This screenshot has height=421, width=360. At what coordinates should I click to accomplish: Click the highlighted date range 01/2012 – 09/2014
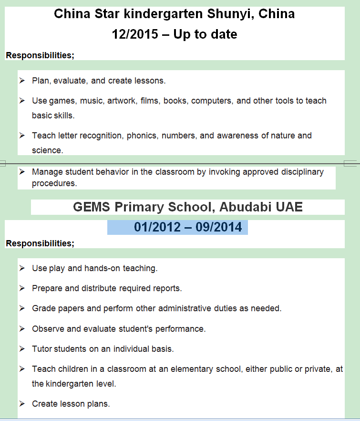[x=188, y=227]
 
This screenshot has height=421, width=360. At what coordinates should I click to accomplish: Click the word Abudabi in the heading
[x=257, y=207]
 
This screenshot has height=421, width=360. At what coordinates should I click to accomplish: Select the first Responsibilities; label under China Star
[x=40, y=55]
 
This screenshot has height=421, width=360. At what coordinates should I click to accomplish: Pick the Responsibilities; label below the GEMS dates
[x=40, y=243]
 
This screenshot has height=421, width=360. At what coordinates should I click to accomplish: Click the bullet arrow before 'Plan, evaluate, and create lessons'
[x=22, y=81]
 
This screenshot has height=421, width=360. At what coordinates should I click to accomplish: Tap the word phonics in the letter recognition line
[x=143, y=136]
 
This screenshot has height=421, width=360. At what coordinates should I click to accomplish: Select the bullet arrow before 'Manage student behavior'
[x=22, y=172]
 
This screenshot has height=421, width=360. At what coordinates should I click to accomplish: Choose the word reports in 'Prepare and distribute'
[x=167, y=288]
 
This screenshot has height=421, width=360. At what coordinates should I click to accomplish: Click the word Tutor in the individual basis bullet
[x=42, y=349]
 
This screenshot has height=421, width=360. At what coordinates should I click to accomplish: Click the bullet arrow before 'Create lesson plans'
[x=22, y=404]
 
